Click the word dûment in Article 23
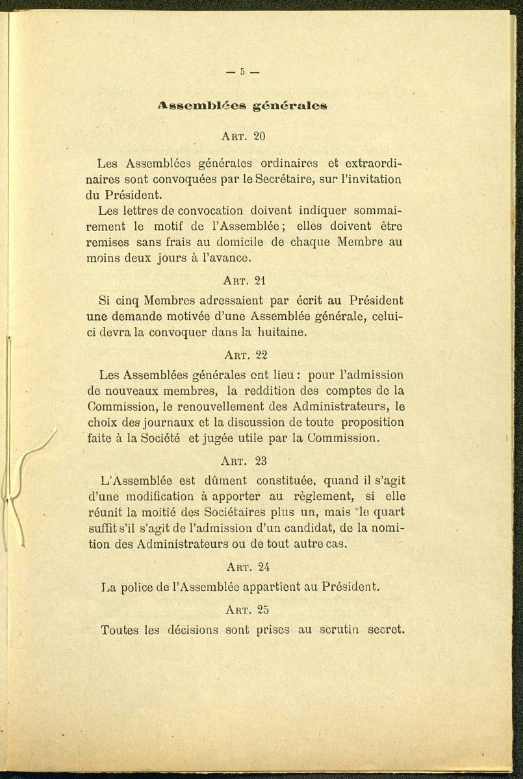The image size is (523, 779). [225, 481]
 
